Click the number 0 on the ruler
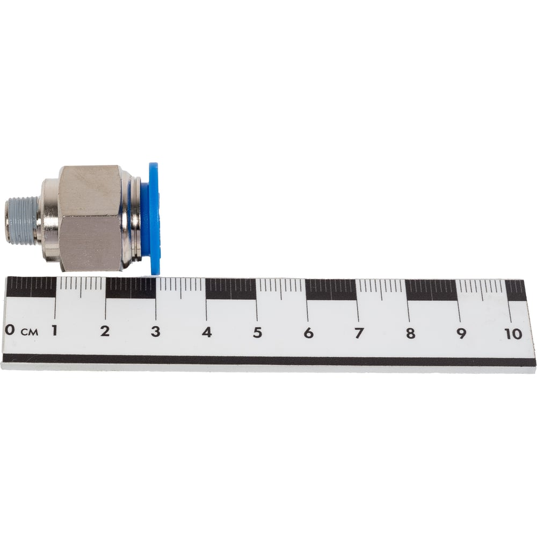[10, 330]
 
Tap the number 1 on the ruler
[54, 330]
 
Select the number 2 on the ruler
[105, 331]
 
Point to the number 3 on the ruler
[156, 331]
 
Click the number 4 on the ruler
[207, 332]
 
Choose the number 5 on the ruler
[258, 332]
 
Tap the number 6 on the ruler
[309, 333]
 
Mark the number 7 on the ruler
[359, 333]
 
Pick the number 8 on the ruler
[411, 333]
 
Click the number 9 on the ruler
[461, 334]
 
